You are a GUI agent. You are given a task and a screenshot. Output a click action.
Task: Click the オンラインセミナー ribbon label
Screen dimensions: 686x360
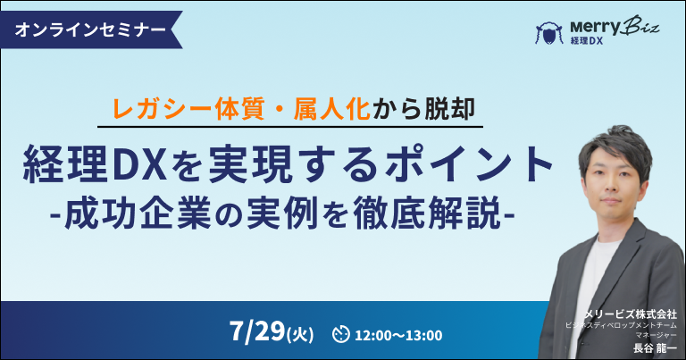(x=90, y=29)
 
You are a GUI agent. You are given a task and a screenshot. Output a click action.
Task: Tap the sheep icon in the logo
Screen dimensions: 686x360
(x=549, y=33)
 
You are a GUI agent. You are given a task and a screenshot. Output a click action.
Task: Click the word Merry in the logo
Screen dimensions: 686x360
(x=595, y=28)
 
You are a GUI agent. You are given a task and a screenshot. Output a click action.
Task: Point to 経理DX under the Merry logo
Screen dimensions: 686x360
(x=586, y=41)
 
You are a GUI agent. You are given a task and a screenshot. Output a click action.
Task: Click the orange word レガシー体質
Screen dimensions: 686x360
(x=188, y=109)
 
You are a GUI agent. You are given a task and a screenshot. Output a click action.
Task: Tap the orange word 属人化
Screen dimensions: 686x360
(x=332, y=109)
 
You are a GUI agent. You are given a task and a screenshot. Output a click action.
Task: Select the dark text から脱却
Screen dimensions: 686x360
(x=423, y=109)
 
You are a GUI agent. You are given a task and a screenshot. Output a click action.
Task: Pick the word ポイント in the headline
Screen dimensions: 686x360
(x=471, y=164)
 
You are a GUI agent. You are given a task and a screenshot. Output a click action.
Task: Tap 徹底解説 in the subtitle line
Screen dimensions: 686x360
(x=427, y=213)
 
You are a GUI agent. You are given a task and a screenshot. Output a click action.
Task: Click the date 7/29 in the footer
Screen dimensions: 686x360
(x=257, y=331)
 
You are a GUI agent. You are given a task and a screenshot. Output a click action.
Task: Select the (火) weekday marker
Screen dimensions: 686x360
(x=300, y=335)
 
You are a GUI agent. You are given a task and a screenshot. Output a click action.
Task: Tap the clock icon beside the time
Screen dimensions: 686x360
(x=341, y=334)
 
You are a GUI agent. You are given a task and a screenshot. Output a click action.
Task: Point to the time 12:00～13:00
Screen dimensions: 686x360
(x=398, y=336)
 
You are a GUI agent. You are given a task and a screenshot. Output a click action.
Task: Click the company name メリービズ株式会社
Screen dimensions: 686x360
(x=631, y=314)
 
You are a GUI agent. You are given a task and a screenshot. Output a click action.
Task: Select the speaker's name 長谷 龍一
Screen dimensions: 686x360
(x=655, y=348)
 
